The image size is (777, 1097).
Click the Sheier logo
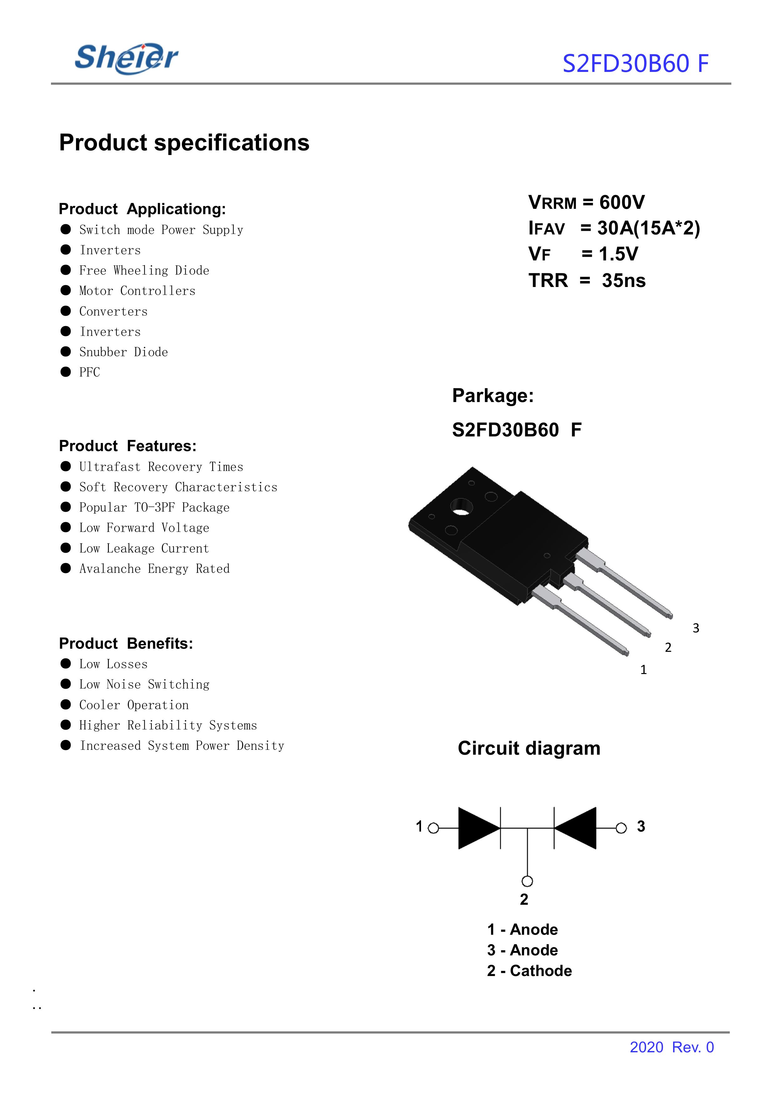pos(126,58)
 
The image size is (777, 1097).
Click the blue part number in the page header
pos(635,63)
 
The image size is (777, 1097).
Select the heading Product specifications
pos(184,143)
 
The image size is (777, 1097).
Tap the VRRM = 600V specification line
pos(586,202)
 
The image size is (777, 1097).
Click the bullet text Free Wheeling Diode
pos(144,271)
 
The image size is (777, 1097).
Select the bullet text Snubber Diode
pos(124,352)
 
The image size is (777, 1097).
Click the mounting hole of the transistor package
pos(461,508)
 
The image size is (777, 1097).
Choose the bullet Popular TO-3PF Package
pos(154,507)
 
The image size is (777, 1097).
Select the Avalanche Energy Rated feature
pos(154,569)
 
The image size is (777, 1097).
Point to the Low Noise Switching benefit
pos(144,685)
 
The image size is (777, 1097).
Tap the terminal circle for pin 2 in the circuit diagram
pos(527,881)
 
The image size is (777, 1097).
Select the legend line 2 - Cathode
pos(529,971)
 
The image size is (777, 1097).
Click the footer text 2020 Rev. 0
pos(671,1047)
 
